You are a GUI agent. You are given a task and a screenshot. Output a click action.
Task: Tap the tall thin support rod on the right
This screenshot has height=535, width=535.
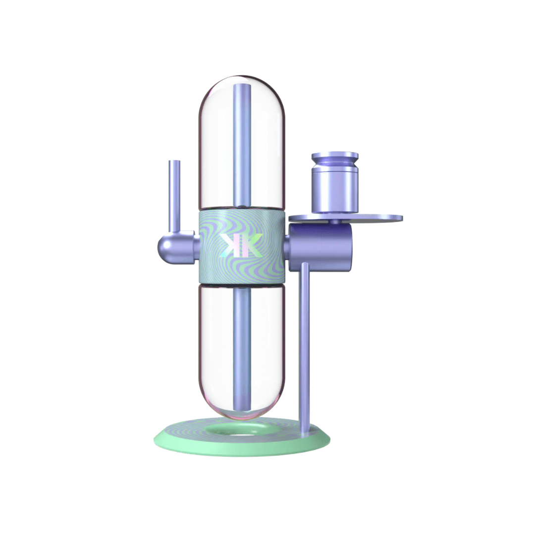305,342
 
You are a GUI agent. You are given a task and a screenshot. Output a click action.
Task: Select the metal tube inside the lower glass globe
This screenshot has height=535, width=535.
241,347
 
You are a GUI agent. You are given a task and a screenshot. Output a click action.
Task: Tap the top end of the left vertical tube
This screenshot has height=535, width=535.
174,162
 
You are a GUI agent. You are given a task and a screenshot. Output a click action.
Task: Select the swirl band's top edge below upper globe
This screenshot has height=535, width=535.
241,210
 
